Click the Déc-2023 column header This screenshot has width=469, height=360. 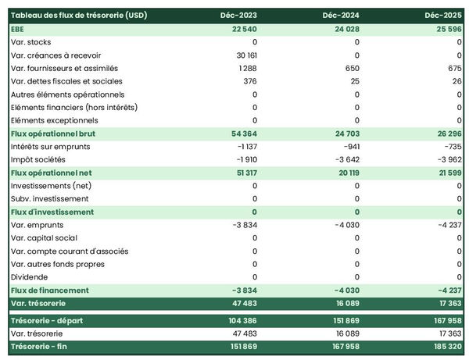tap(239, 16)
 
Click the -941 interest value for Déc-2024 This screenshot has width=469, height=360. tap(349, 147)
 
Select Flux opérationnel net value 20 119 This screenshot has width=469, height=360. tap(347, 173)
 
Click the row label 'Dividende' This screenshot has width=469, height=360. tap(30, 277)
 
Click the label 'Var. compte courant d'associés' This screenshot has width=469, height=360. tap(70, 251)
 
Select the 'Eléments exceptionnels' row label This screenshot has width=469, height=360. tap(55, 120)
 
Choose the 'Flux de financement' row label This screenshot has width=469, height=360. tap(50, 290)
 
